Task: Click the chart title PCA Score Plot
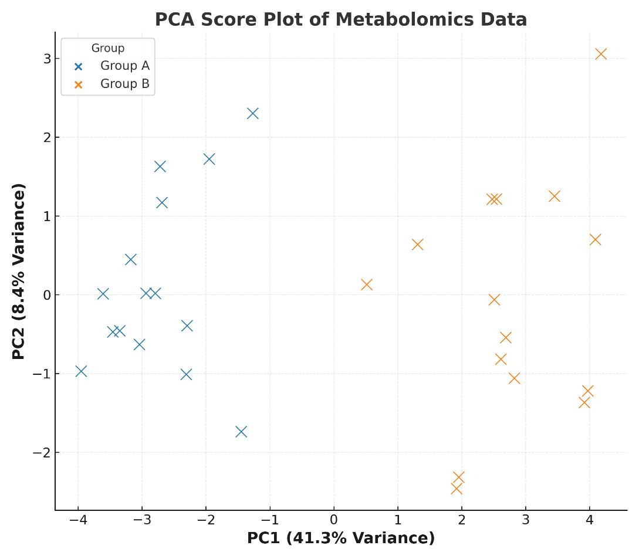(340, 19)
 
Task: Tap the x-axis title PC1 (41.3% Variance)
(340, 538)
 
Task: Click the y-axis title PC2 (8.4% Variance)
(19, 271)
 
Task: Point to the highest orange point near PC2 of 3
(601, 54)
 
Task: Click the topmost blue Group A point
(252, 113)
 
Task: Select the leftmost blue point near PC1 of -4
(81, 371)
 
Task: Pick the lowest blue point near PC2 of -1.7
(241, 432)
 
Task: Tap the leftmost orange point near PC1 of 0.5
(367, 284)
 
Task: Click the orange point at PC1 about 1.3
(417, 245)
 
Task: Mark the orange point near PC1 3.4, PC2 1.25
(554, 196)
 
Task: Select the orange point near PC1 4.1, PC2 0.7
(595, 239)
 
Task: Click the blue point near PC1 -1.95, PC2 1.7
(209, 159)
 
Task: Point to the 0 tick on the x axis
(334, 520)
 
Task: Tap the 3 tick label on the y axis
(47, 58)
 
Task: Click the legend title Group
(107, 48)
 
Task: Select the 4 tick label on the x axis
(589, 520)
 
